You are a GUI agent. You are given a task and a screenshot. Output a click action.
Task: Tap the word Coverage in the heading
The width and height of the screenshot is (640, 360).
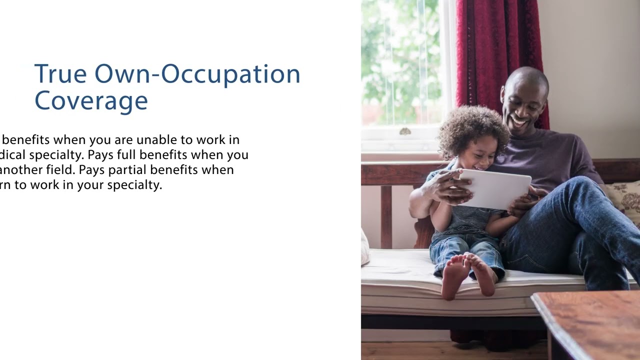[91, 100]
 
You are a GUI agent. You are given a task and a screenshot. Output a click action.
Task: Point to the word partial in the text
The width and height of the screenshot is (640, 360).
[128, 169]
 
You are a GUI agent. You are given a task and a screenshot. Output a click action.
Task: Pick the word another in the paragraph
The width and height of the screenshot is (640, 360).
[20, 169]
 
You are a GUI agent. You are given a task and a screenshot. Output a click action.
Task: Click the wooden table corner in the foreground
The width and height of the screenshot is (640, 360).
[585, 320]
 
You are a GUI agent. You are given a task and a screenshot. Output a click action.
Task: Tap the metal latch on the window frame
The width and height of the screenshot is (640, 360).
[405, 131]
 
